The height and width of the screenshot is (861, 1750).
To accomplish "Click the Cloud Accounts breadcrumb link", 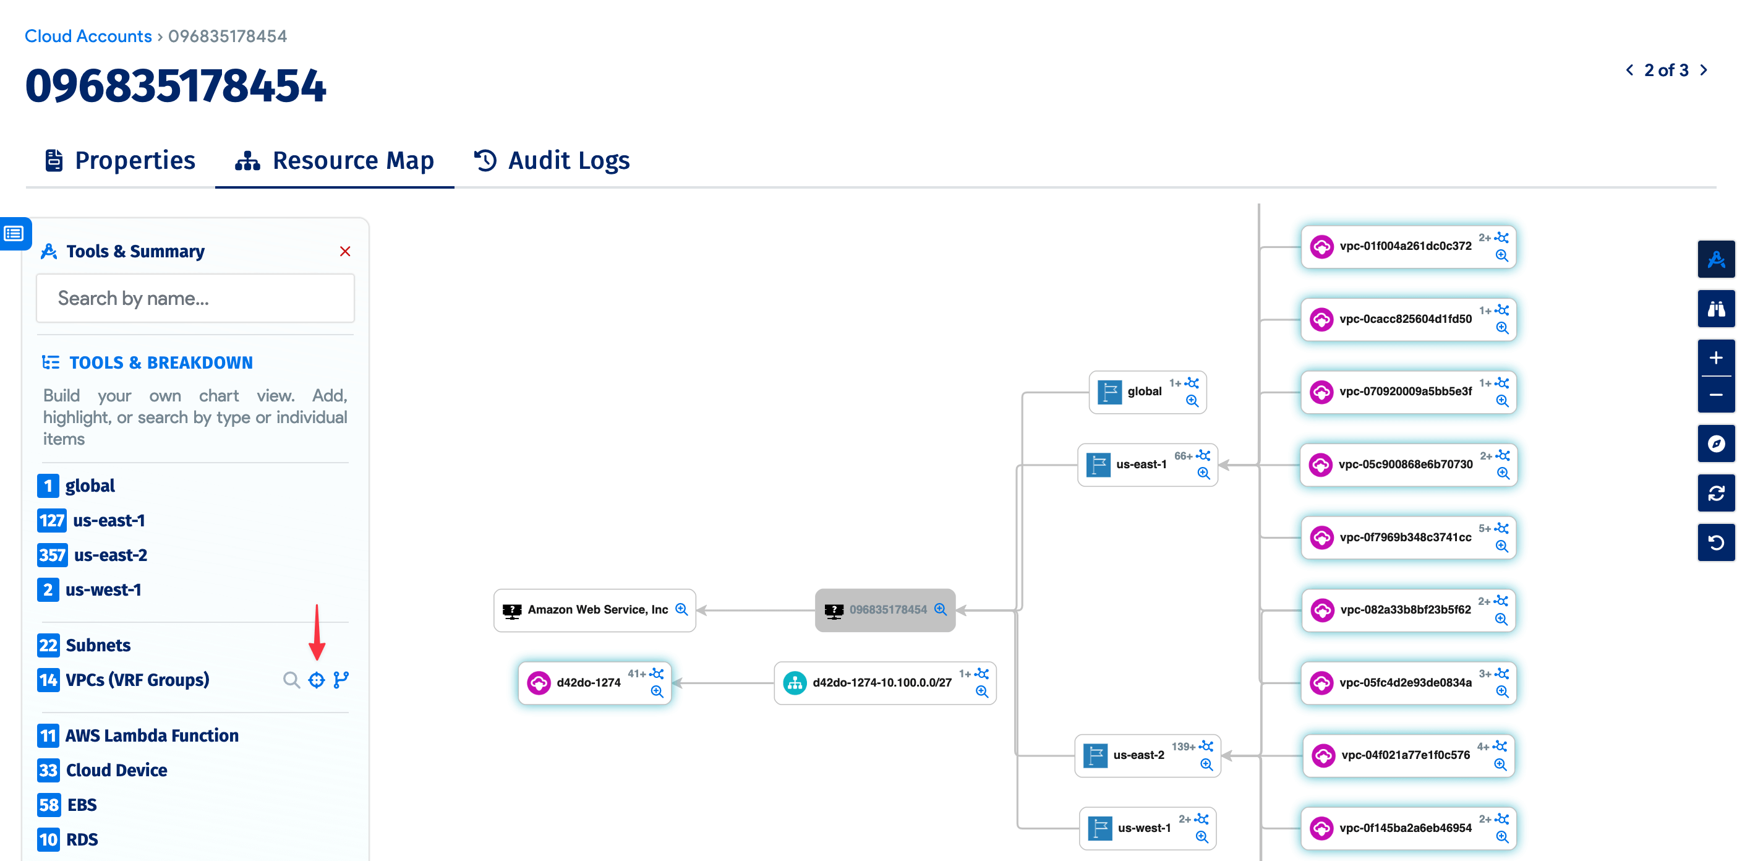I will coord(88,36).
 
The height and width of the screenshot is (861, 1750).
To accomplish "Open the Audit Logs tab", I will coord(552,160).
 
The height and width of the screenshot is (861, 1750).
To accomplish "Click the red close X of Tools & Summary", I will coord(345,252).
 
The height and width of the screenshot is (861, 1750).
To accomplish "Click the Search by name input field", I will coord(195,298).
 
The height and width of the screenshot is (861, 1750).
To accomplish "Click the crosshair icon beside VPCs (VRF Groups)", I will coord(317,680).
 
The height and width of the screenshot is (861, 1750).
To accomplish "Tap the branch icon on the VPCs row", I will coord(341,680).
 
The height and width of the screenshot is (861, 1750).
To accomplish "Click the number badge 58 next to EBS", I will coord(48,805).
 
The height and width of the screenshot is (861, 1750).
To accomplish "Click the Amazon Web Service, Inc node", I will coord(597,609).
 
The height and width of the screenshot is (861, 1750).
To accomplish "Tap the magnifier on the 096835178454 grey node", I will coord(940,609).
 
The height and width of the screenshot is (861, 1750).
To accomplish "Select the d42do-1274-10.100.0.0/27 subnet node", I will coord(881,683).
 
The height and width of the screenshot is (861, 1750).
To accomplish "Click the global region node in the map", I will coord(1143,392).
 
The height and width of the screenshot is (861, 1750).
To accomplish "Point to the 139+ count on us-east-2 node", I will coord(1183,747).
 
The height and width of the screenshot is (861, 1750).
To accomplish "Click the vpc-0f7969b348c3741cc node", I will coord(1404,538).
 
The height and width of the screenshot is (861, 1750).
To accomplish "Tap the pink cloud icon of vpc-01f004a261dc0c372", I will coord(1321,247).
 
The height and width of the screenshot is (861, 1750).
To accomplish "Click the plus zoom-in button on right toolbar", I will coord(1716,358).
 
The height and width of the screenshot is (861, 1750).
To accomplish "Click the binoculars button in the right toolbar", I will coord(1716,309).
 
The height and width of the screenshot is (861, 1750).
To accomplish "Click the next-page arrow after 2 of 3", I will coord(1704,70).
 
